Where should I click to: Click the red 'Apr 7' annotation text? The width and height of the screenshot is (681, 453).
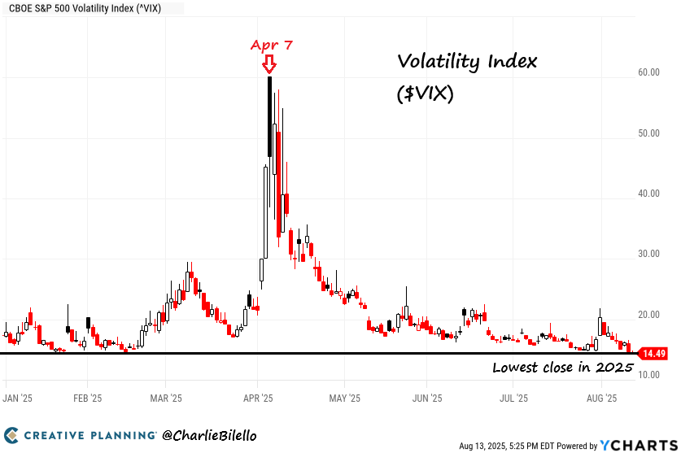pos(271,46)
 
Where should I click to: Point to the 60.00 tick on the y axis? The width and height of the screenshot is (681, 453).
pos(648,72)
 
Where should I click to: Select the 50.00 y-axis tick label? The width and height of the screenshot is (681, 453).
pos(648,133)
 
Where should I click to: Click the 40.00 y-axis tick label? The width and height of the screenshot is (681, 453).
pos(648,194)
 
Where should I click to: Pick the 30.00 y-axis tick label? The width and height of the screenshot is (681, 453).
pos(648,254)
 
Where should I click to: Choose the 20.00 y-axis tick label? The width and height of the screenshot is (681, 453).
pos(648,315)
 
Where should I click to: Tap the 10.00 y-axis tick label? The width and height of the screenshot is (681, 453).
pos(648,375)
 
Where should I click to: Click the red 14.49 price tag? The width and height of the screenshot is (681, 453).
pos(653,354)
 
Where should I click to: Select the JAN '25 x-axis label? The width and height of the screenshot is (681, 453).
pos(17,399)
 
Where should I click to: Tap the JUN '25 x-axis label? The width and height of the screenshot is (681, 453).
pos(427,399)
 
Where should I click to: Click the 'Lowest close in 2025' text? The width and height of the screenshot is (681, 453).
pos(562,368)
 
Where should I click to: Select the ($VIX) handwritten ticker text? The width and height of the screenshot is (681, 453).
pos(426,94)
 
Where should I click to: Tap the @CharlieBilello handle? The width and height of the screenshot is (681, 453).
pos(210,436)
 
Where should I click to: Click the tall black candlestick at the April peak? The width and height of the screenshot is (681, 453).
pos(269,116)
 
